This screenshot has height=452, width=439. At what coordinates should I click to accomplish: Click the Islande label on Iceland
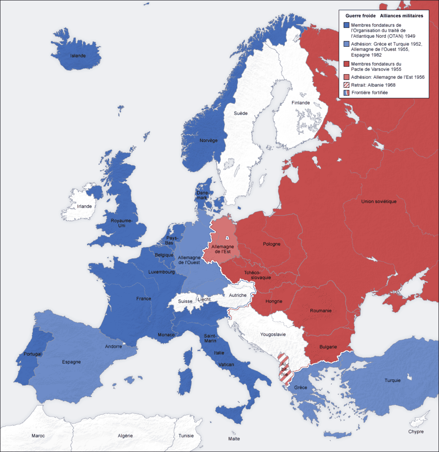[78, 56]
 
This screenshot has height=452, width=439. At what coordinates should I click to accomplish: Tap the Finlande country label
[301, 103]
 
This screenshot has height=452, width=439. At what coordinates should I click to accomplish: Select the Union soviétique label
[379, 201]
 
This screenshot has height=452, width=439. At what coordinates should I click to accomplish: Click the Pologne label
[271, 244]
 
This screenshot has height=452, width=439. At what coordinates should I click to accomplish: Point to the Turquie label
[392, 380]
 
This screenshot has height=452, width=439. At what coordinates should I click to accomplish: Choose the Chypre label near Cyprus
[416, 431]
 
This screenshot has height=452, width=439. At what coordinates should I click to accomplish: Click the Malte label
[234, 439]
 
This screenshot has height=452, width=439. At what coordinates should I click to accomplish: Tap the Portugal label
[33, 354]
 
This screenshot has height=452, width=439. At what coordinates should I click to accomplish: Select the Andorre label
[113, 346]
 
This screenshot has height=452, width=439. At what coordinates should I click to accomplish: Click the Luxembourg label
[161, 272]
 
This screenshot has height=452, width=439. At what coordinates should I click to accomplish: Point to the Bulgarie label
[328, 347]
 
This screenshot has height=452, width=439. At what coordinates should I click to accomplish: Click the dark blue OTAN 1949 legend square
[346, 25]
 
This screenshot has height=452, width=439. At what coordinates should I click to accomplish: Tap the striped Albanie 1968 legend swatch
[346, 85]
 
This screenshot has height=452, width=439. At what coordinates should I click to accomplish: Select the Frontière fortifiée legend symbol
[346, 93]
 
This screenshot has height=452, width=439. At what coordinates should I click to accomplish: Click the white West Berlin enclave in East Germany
[228, 238]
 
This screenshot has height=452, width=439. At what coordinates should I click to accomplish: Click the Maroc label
[38, 436]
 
